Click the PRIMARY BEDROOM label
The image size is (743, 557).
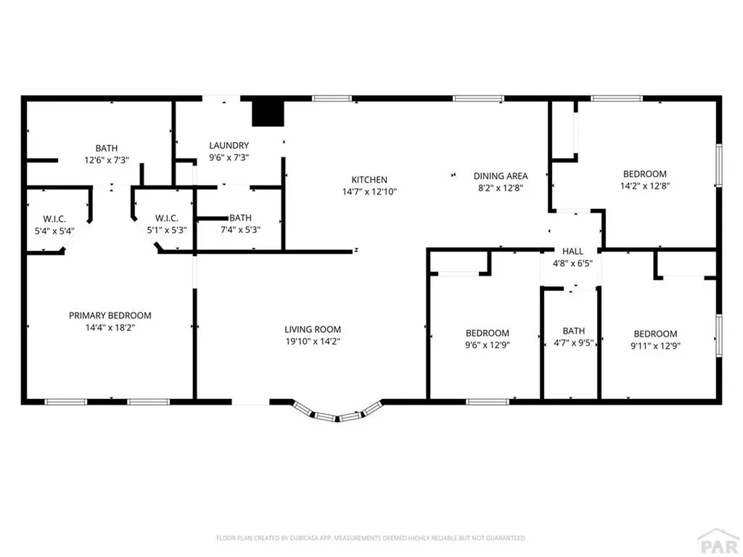point(110,315)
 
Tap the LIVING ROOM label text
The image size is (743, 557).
point(312,329)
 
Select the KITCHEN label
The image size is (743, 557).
point(369,180)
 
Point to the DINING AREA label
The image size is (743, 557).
point(500,176)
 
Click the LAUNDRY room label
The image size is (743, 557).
point(229,145)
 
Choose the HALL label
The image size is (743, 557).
point(572,251)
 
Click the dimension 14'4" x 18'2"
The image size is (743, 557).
point(110,328)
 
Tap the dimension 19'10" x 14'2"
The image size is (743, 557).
point(312,341)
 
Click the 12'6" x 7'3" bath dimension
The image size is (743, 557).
point(107,160)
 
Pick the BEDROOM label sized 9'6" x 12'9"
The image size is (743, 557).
point(486,333)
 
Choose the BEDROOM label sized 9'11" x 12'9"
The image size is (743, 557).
point(655,333)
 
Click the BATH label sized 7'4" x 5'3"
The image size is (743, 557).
point(240,218)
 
